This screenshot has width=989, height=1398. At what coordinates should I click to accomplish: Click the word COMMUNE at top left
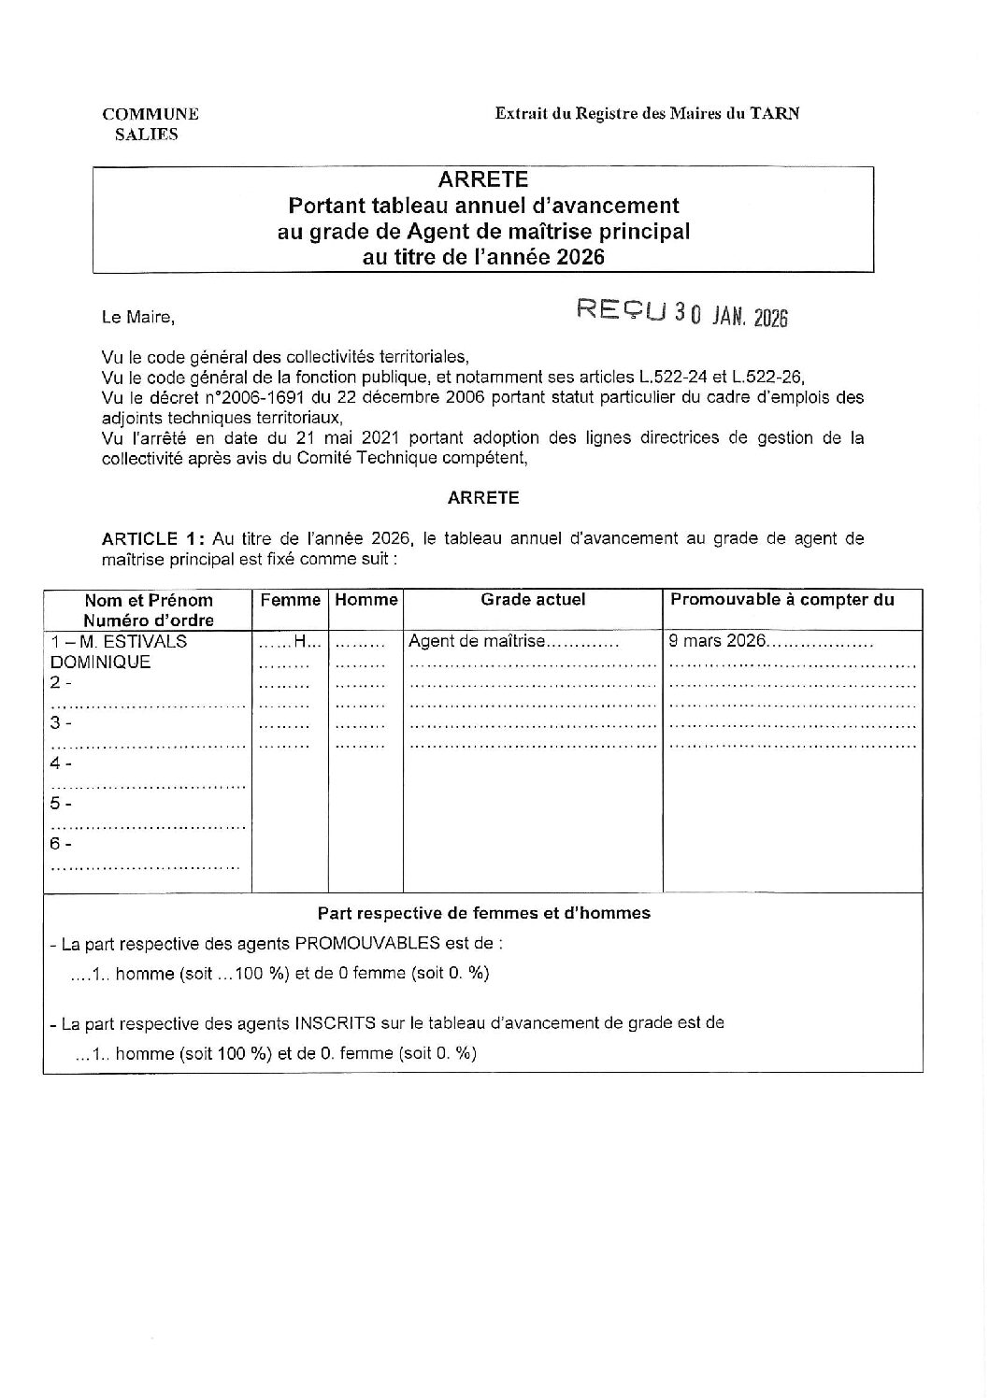(x=150, y=114)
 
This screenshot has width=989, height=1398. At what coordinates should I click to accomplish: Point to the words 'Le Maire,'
(x=137, y=318)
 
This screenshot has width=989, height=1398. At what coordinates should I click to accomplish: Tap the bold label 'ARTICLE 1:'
(x=152, y=538)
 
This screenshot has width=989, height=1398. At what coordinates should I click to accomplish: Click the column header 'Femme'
(x=290, y=600)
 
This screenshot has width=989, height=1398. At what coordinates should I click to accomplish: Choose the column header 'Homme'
(x=365, y=600)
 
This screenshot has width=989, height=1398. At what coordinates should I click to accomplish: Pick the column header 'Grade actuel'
(x=533, y=600)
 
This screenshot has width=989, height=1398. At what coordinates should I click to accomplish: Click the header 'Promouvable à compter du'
(x=782, y=600)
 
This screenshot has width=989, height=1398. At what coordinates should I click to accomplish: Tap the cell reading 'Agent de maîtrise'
(x=477, y=642)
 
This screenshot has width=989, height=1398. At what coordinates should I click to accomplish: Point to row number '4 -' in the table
(x=61, y=763)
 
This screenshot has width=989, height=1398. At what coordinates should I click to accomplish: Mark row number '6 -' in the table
(x=61, y=844)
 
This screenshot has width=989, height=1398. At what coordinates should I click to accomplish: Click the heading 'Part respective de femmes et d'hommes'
(x=483, y=913)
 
